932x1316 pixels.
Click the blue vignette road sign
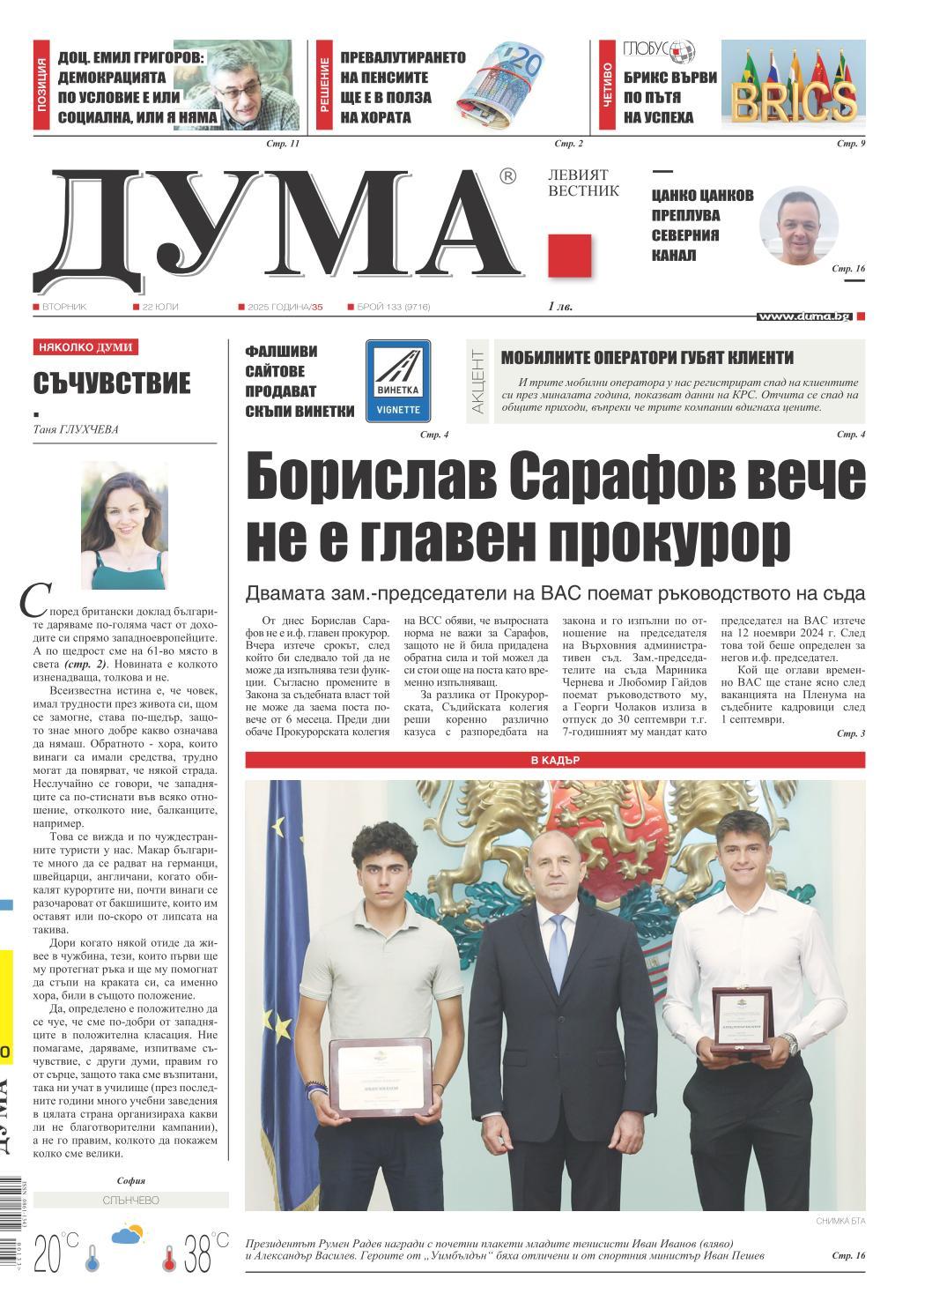pos(397,380)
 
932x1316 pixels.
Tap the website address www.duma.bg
pos(804,316)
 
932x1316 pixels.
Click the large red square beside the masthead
pos(569,257)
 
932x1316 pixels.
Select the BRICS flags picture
pos(793,86)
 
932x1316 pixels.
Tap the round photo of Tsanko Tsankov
pos(799,226)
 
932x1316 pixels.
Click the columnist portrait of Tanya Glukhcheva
pos(124,526)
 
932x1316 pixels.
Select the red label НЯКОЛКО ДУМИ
pos(85,348)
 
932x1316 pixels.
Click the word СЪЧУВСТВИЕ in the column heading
pos(112,383)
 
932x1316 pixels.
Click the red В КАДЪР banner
pos(555,760)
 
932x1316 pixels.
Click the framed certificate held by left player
pos(380,1074)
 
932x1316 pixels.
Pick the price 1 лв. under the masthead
pos(559,307)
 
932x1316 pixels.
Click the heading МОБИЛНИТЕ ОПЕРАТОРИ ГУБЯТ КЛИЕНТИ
pos(647,357)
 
